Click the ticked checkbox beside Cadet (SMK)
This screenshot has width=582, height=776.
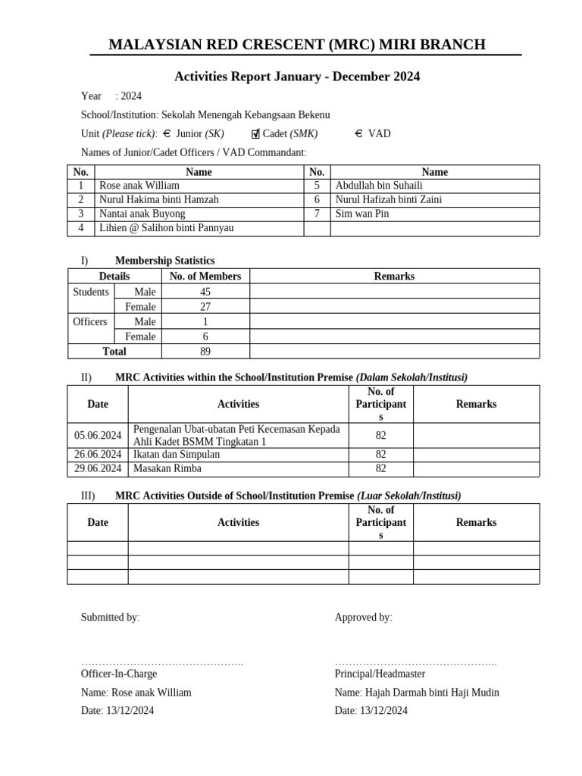[x=256, y=134]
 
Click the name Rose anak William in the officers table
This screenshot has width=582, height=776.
[x=139, y=186]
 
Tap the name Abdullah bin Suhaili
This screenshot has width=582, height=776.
[x=379, y=186]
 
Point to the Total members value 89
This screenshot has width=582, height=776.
[x=205, y=352]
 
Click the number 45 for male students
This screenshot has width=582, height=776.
[x=205, y=293]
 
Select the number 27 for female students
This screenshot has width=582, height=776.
[x=205, y=307]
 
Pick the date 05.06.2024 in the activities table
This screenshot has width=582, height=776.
[x=98, y=435]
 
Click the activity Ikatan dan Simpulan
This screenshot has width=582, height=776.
[x=177, y=455]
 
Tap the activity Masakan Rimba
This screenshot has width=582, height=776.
[x=167, y=469]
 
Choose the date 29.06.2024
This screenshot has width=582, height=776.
[x=98, y=469]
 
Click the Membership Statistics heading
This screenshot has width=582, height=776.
[x=164, y=261]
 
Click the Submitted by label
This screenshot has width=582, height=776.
[x=111, y=618]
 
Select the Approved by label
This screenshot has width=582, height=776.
[x=364, y=618]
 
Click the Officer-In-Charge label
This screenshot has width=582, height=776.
[x=119, y=674]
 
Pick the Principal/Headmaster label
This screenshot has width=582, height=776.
[x=380, y=674]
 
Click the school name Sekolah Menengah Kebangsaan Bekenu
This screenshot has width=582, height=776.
[x=246, y=115]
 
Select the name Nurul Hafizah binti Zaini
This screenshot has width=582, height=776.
[x=389, y=200]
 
